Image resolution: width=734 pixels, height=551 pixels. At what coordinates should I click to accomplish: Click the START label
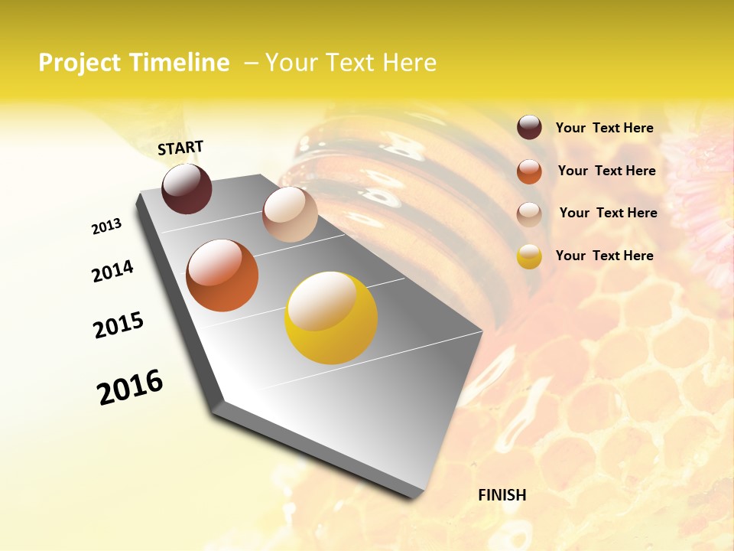click(x=180, y=148)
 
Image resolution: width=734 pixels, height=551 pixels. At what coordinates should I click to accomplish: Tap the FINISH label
click(x=502, y=495)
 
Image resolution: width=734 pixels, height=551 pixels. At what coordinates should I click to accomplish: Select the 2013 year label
click(x=106, y=227)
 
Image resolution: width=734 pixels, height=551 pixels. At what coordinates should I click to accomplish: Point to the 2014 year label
click(x=112, y=272)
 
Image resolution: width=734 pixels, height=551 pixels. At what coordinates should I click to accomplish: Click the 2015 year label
click(x=119, y=325)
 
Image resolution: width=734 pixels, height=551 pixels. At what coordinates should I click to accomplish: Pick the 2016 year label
click(x=130, y=387)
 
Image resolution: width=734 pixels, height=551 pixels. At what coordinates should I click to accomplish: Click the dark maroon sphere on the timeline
click(x=187, y=189)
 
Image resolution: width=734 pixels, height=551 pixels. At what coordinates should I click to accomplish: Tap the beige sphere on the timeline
click(x=290, y=214)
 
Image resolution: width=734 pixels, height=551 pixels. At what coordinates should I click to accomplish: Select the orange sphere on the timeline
click(x=222, y=275)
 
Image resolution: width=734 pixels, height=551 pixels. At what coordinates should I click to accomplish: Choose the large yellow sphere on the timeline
click(x=330, y=318)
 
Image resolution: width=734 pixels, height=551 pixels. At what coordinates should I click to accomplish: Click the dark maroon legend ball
click(x=529, y=128)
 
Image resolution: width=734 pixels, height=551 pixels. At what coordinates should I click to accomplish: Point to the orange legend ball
click(x=529, y=171)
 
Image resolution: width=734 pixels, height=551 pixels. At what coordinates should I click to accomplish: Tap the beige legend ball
click(x=529, y=214)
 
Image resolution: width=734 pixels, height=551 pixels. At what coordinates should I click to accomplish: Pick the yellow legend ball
click(x=529, y=256)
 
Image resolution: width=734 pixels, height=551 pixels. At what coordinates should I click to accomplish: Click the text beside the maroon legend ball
click(x=604, y=129)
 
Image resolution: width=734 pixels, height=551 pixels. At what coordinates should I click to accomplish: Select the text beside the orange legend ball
click(x=606, y=171)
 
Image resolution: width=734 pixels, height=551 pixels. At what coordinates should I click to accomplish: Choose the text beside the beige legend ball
click(x=608, y=213)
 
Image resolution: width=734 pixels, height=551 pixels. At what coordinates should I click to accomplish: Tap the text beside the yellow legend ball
click(x=604, y=256)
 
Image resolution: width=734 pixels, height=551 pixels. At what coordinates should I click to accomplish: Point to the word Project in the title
click(x=79, y=63)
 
